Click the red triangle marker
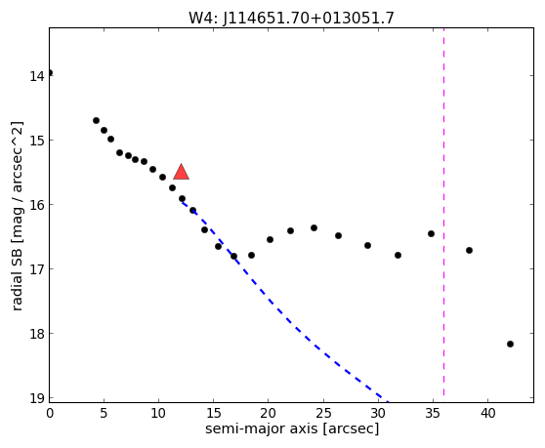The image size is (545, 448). [x=181, y=172]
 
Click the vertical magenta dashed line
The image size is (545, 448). [x=443, y=212]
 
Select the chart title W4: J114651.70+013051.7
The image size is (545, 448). [x=291, y=18]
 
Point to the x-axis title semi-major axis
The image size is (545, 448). [x=262, y=428]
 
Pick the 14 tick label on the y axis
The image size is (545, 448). [x=37, y=76]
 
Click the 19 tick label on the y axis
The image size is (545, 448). [x=37, y=398]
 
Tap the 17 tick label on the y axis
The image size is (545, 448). [x=37, y=269]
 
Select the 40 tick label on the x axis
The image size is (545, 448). [x=487, y=413]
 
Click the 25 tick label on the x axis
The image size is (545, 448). [x=323, y=413]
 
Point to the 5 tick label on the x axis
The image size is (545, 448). [x=104, y=413]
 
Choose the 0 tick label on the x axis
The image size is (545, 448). [x=50, y=413]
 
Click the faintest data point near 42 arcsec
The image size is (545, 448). [x=510, y=345]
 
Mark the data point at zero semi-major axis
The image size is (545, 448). [x=50, y=72]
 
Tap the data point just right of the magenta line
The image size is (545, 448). [x=469, y=251]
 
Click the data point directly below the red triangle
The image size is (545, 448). [x=182, y=199]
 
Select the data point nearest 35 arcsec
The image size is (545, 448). [x=432, y=233]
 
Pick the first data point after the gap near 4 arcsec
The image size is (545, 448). [x=97, y=120]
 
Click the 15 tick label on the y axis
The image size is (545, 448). [x=37, y=141]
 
